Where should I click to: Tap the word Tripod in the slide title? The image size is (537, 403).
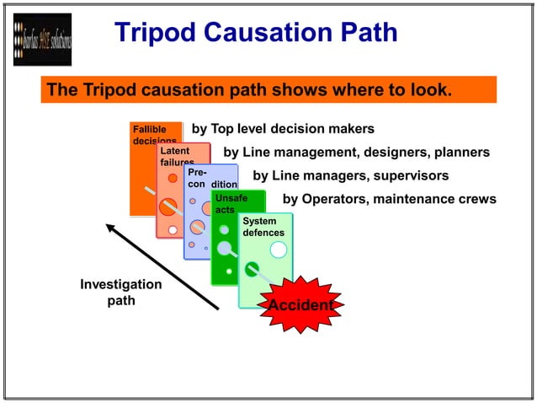coord(157,32)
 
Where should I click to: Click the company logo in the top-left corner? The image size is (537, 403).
coord(42,40)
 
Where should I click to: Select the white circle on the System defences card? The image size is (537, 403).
coord(279,250)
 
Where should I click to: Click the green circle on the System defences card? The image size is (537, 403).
coord(251,269)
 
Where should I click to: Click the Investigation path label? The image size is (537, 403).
coord(120,293)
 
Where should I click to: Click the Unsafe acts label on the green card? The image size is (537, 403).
coord(230,203)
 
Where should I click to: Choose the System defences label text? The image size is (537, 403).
coord(263,226)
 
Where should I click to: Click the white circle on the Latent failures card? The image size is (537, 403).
coord(173,229)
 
